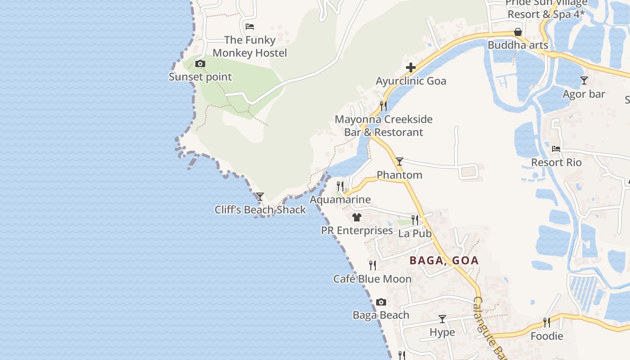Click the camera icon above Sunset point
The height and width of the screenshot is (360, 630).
(x=200, y=64)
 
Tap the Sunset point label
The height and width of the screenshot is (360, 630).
(x=200, y=77)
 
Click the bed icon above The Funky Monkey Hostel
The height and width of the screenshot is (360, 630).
(x=250, y=27)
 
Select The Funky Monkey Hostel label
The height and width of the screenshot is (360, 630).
(x=250, y=46)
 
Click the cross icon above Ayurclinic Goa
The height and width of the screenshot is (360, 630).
(x=410, y=68)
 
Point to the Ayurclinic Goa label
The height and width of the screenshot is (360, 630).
(x=411, y=81)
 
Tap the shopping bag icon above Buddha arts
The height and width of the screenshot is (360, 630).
(x=518, y=32)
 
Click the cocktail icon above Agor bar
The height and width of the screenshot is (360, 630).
(x=584, y=81)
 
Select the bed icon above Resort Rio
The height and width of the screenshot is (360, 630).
(x=556, y=149)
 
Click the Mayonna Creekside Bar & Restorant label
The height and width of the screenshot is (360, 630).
(x=383, y=126)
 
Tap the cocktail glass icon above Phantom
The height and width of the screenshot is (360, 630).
(x=399, y=162)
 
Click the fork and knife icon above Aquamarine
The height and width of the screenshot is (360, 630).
(x=340, y=186)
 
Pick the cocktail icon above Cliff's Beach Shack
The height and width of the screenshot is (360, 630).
(x=260, y=197)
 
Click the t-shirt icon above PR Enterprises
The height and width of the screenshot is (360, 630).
(x=357, y=217)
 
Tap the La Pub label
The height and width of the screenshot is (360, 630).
(x=415, y=234)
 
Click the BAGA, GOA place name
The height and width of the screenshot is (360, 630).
(x=444, y=261)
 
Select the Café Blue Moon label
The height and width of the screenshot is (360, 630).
(x=372, y=279)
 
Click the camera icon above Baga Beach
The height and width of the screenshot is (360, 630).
(x=381, y=302)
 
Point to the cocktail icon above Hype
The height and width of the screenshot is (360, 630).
(x=442, y=319)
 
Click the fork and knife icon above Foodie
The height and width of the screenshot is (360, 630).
(x=547, y=322)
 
